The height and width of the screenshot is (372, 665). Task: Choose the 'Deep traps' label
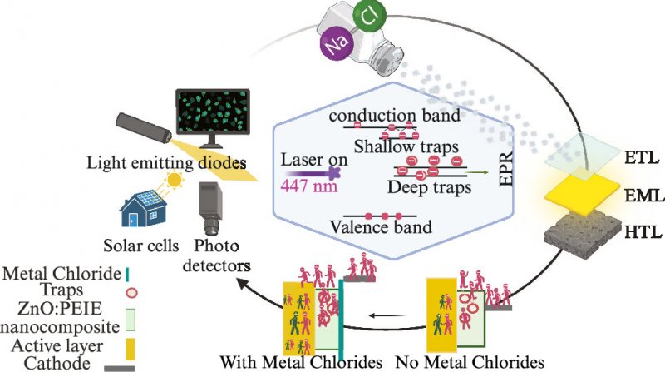434,188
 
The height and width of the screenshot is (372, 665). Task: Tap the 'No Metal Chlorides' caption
457,362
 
